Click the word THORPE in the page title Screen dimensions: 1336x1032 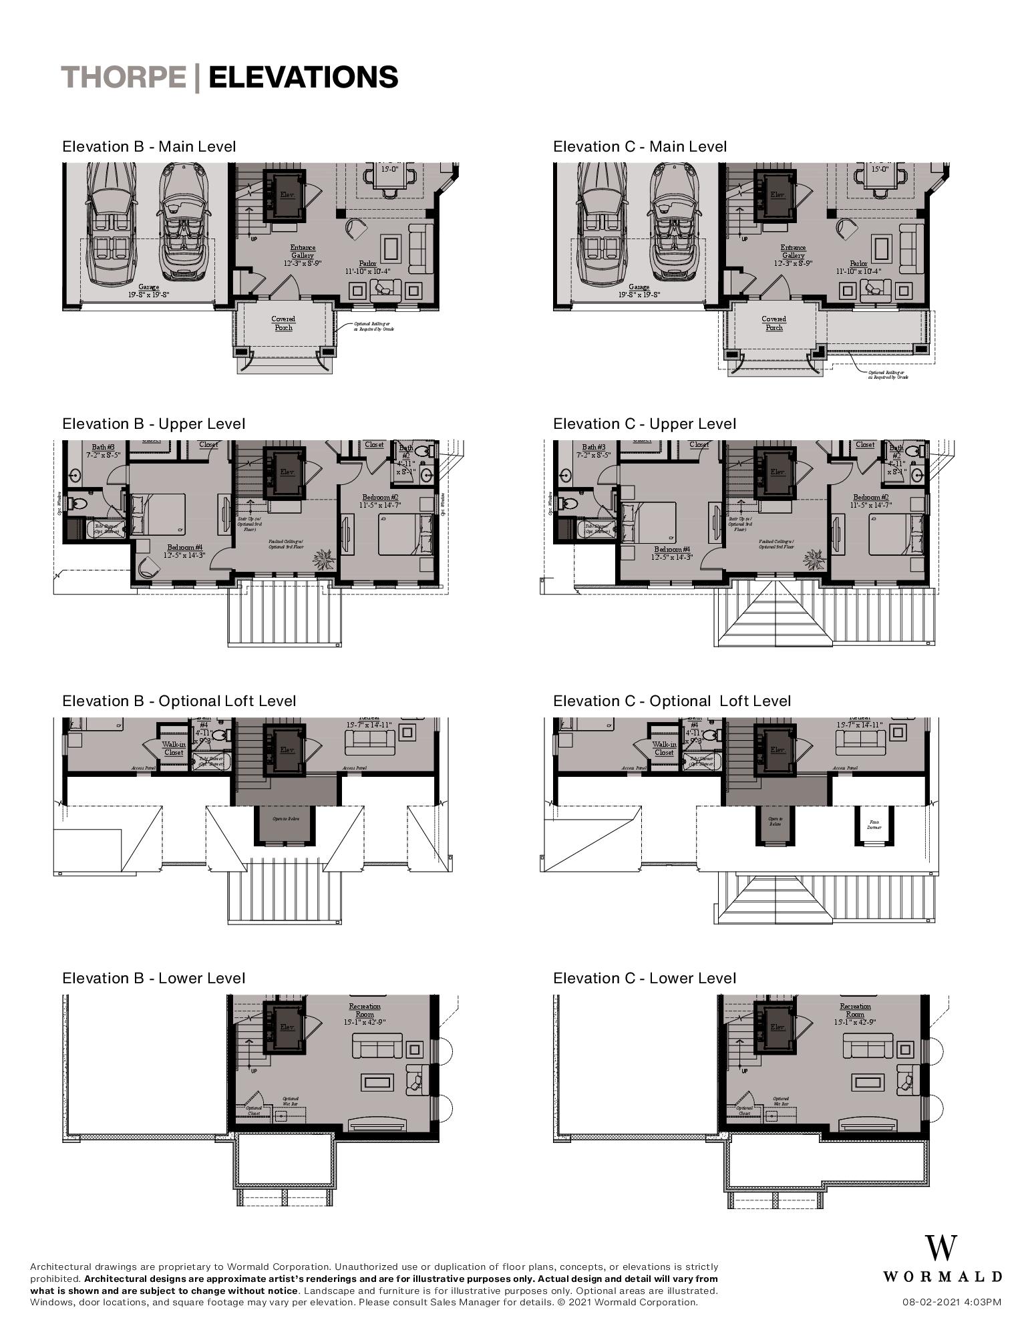click(x=124, y=77)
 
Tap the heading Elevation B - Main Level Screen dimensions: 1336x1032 click(x=148, y=146)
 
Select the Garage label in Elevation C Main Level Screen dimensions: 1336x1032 click(x=639, y=290)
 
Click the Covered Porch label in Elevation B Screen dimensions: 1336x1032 click(x=283, y=323)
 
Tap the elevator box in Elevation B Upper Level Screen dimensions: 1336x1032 click(x=286, y=472)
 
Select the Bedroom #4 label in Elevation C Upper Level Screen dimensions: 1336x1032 click(x=672, y=552)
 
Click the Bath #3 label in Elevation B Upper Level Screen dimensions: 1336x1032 click(x=103, y=451)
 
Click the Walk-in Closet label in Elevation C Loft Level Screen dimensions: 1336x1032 click(x=664, y=748)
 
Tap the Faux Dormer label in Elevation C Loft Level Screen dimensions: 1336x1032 click(x=874, y=824)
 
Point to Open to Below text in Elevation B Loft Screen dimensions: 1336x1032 click(x=285, y=818)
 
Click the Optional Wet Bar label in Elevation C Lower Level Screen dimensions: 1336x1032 click(x=781, y=1101)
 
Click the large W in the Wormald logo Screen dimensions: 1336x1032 click(x=940, y=1248)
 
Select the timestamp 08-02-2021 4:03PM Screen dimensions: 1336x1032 click(x=951, y=1301)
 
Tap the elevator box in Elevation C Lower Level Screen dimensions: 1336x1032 click(x=777, y=1027)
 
